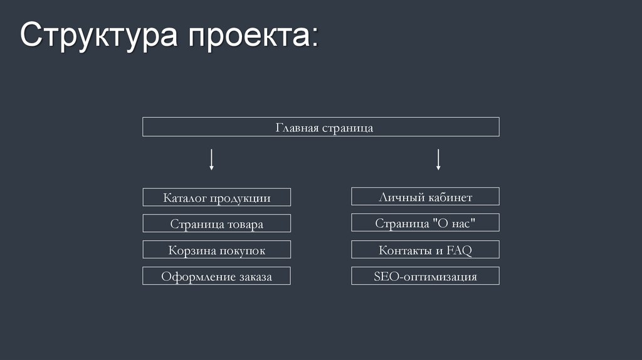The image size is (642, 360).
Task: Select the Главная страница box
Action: click(320, 127)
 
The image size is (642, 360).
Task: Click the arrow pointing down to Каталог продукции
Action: click(212, 159)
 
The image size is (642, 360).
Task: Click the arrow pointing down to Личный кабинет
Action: click(438, 159)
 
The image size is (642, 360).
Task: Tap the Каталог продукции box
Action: click(216, 198)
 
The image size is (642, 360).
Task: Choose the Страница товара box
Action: click(216, 224)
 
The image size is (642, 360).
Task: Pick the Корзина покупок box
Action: click(216, 250)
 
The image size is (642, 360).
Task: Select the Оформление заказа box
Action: click(216, 276)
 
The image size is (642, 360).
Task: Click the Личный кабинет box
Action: click(425, 197)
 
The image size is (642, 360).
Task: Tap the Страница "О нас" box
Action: click(425, 223)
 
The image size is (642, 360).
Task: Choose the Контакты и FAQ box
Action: click(425, 250)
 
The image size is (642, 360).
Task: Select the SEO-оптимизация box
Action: click(425, 276)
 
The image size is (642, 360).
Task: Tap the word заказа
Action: click(255, 277)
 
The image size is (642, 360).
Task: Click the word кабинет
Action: click(451, 198)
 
